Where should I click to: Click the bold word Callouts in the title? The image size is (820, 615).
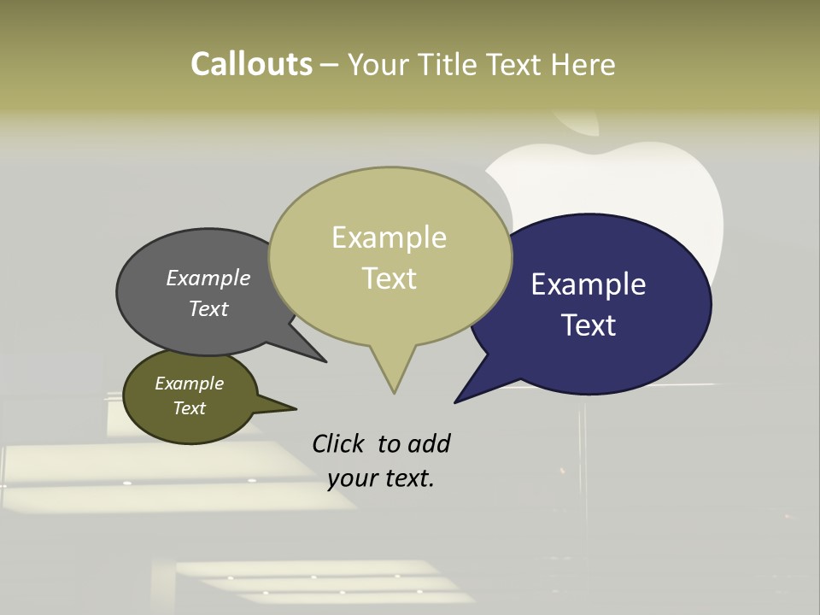(x=251, y=64)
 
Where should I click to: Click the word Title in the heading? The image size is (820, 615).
(x=451, y=64)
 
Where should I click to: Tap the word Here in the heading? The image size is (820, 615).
(x=583, y=64)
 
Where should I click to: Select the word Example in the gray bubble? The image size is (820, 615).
(x=208, y=278)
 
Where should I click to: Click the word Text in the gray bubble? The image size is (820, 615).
(x=208, y=308)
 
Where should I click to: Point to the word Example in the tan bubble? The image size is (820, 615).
(x=389, y=237)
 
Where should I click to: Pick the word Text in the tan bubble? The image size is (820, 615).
(x=389, y=278)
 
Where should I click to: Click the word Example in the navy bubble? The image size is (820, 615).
(x=589, y=284)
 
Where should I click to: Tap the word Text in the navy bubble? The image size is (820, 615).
(x=589, y=325)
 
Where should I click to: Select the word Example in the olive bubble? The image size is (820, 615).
(x=189, y=384)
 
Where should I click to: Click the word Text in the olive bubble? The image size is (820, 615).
(x=189, y=408)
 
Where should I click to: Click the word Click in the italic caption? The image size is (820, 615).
(x=338, y=443)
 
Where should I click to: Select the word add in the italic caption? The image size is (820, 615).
(x=428, y=443)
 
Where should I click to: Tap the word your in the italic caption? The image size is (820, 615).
(x=350, y=478)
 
